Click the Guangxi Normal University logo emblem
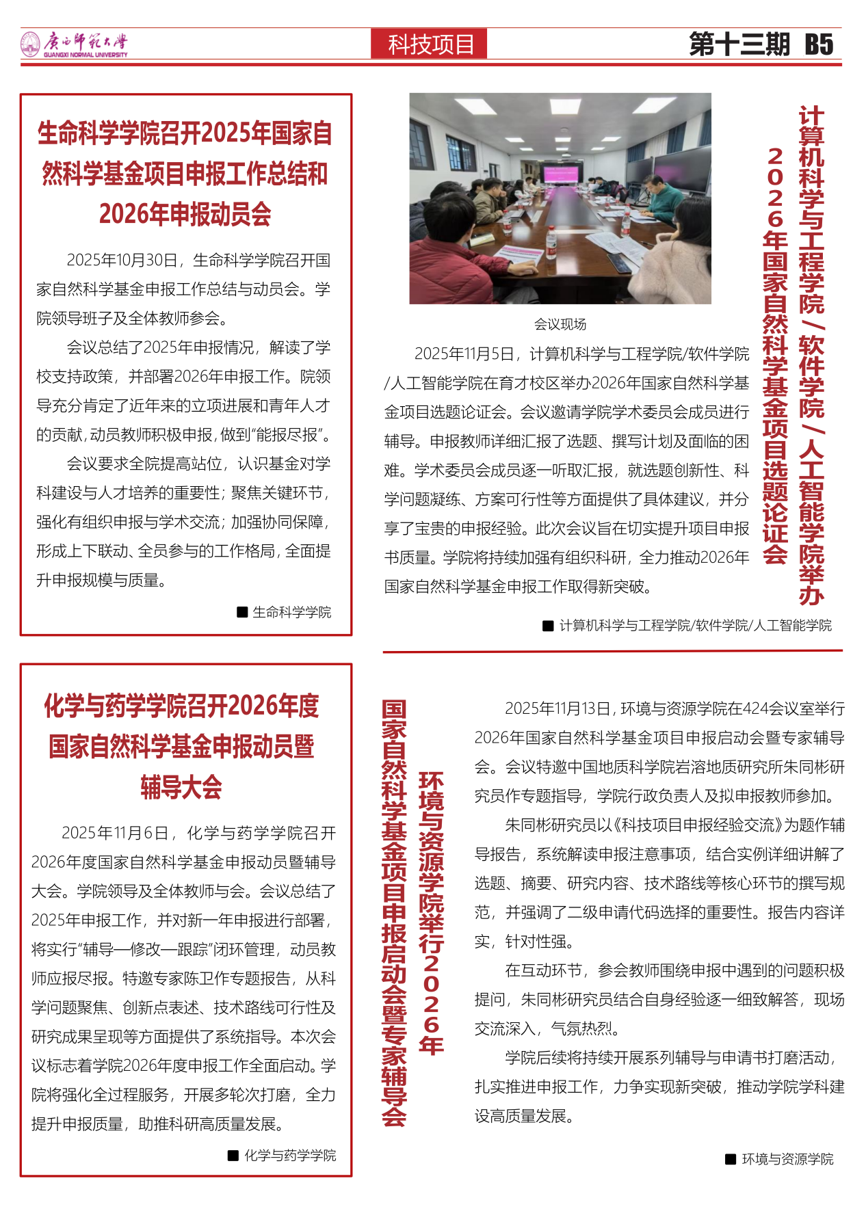(30, 44)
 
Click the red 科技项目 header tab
(430, 44)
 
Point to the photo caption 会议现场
(560, 324)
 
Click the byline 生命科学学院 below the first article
(291, 612)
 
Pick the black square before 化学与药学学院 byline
(233, 1156)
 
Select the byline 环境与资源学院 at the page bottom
(787, 1159)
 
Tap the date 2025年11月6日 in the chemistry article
(115, 834)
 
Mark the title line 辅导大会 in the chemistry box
(181, 787)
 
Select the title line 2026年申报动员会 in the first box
(185, 214)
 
